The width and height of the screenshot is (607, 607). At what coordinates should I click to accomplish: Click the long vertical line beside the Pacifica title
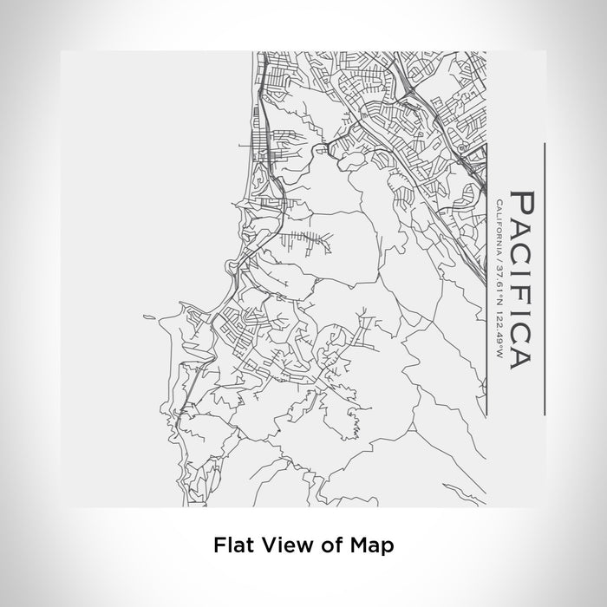point(544,277)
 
